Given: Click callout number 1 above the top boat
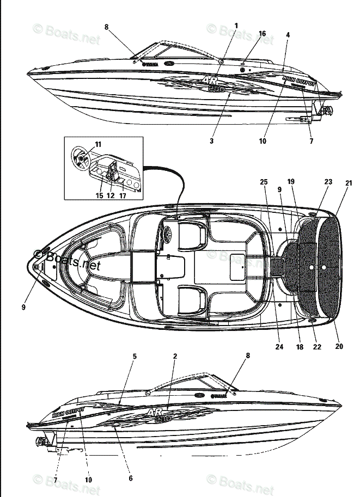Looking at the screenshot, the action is [236, 26].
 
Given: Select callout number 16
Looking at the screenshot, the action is [262, 34].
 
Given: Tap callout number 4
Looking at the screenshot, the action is [288, 35].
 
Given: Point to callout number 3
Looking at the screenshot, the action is [211, 141].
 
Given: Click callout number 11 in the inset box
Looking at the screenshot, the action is [98, 144].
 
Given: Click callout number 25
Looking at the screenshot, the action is [264, 181].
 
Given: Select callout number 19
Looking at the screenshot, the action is [291, 181].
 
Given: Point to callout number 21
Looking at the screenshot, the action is [349, 183].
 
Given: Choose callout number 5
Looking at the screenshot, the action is [135, 357].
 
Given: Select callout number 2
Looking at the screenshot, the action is [175, 357].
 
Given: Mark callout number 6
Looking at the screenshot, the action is [131, 478].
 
